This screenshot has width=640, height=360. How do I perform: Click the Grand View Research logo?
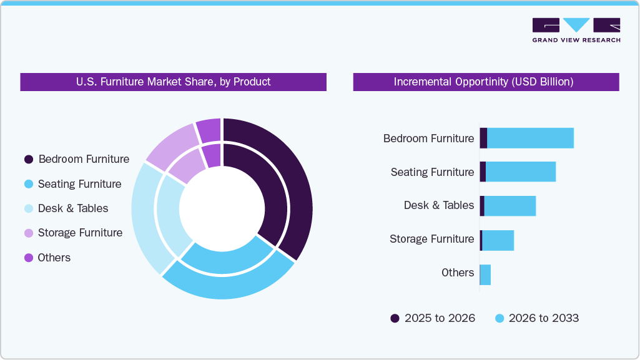(x=576, y=30)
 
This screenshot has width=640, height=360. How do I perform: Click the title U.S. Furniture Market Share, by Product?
(x=173, y=82)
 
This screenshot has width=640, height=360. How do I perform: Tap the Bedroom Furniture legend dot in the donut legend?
(x=29, y=160)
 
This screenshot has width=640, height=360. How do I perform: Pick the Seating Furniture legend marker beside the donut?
(x=29, y=184)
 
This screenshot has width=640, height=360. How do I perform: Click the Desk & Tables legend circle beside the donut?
(x=29, y=208)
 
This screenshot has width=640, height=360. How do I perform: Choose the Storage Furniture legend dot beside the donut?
(x=29, y=233)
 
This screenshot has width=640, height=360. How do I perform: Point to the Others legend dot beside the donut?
(x=29, y=258)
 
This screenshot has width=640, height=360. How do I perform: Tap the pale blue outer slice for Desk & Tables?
(x=145, y=218)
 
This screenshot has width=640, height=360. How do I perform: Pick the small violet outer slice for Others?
(x=209, y=129)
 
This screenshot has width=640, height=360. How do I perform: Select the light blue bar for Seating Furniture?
(x=520, y=172)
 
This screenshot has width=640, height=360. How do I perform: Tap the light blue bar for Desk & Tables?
(x=510, y=205)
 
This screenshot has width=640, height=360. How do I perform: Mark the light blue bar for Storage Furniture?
(x=498, y=240)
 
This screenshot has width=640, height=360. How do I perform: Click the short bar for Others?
(x=485, y=275)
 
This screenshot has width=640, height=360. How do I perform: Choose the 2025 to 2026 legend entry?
(x=433, y=318)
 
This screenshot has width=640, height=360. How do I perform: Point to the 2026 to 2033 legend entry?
(x=537, y=318)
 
